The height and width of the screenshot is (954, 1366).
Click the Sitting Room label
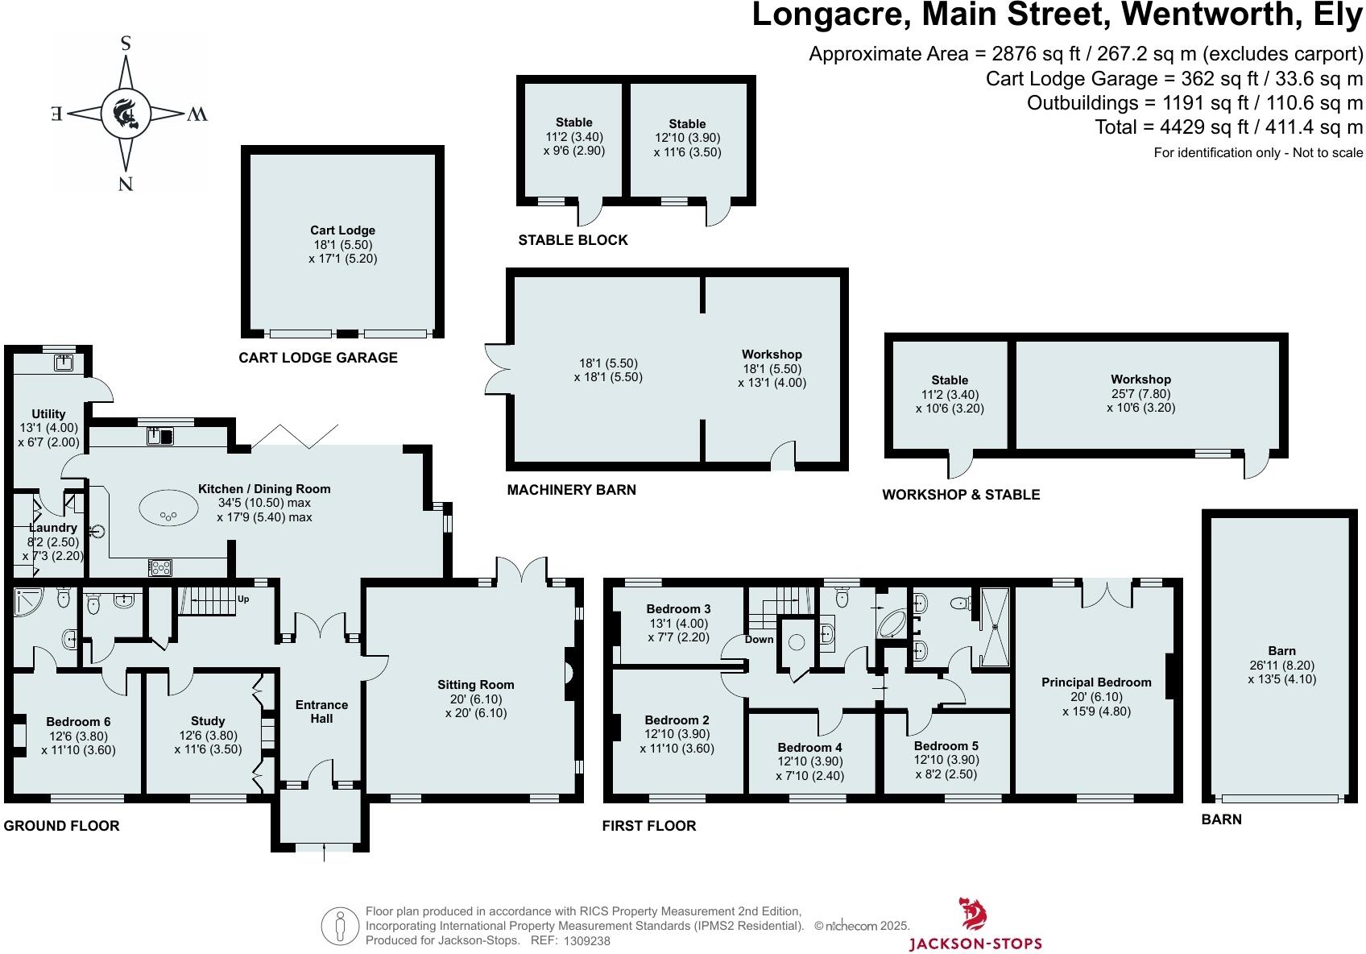click(475, 685)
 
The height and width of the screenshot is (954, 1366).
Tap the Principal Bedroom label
click(1096, 682)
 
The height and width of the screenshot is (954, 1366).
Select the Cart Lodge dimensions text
click(342, 251)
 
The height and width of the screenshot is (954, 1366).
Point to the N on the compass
click(126, 185)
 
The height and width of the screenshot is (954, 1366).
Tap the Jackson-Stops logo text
click(975, 943)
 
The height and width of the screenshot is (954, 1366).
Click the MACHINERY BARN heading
click(571, 490)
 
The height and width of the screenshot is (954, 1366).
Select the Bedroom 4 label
click(809, 747)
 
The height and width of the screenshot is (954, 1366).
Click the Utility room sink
click(64, 363)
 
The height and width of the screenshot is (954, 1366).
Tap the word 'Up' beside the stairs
click(243, 599)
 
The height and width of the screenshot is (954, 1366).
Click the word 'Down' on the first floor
click(759, 639)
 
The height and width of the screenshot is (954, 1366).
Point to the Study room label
click(208, 721)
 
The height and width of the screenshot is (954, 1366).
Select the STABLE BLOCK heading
click(573, 240)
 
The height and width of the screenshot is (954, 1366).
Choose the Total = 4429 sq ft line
click(1228, 127)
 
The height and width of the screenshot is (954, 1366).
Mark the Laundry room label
click(52, 528)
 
